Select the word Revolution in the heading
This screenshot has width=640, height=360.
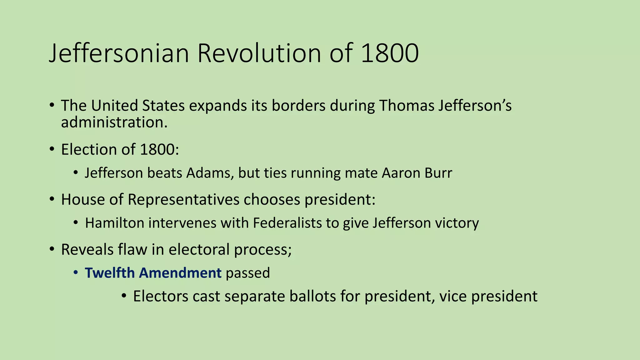(259, 53)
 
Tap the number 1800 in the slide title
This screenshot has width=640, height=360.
(389, 53)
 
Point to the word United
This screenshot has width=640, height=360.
(114, 106)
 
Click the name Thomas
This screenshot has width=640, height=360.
(407, 106)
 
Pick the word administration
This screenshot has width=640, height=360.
(114, 122)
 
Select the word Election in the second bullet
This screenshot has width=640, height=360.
(89, 149)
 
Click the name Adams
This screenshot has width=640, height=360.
(210, 173)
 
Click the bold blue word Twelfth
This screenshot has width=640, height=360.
(110, 273)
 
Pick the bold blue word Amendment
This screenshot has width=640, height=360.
(180, 273)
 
